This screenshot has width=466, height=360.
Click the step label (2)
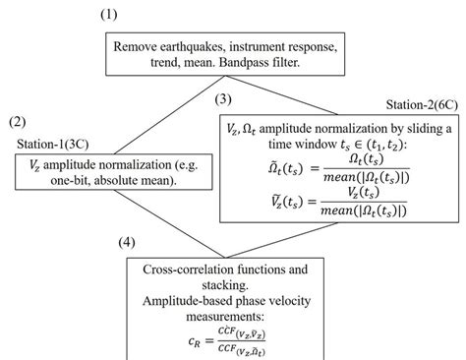click(18, 122)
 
